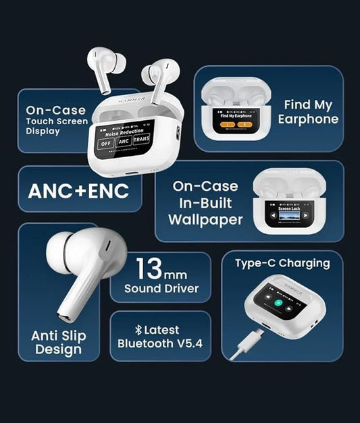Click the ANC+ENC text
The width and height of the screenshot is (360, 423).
click(x=78, y=191)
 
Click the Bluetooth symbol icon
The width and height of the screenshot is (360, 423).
click(x=138, y=330)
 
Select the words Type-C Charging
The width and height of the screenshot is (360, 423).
click(x=282, y=263)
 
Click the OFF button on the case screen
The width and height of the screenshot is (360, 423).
click(x=105, y=143)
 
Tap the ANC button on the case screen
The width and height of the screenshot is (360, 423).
click(x=123, y=142)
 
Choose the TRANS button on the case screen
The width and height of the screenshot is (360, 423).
click(x=141, y=140)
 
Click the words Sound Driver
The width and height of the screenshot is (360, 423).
click(x=161, y=289)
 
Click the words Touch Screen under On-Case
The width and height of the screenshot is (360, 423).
click(x=57, y=121)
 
